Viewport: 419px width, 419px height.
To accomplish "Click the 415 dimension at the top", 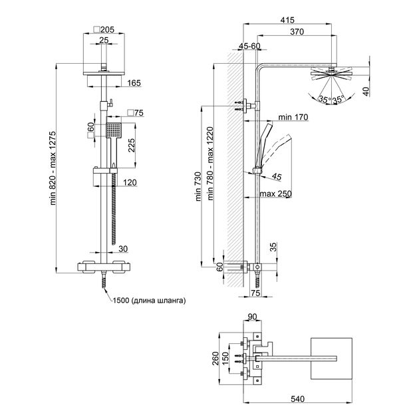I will click(x=288, y=20).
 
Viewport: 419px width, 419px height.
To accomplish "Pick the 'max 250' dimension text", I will click(x=275, y=194).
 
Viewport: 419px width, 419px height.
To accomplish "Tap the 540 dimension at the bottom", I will click(x=298, y=398).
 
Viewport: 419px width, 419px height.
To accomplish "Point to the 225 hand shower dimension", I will click(x=132, y=145).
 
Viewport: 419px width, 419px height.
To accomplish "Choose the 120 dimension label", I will click(x=130, y=182).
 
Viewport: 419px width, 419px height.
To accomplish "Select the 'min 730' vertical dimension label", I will click(x=198, y=186).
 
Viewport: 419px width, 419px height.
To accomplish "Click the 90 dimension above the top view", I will click(x=251, y=317).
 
